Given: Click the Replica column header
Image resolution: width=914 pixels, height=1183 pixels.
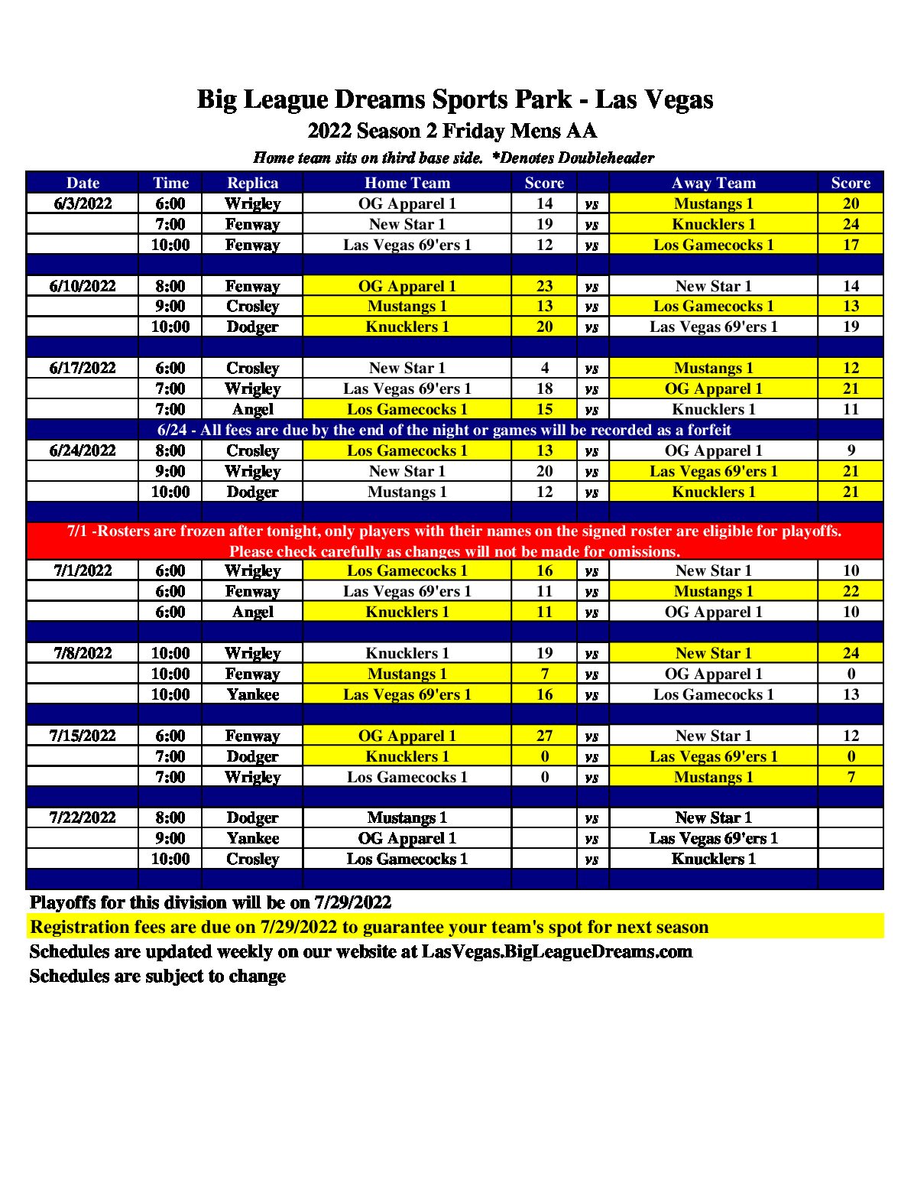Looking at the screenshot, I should [x=252, y=183].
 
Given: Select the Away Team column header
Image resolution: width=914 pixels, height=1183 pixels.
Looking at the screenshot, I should [x=713, y=183].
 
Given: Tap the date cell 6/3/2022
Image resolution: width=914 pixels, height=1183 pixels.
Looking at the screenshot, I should [x=83, y=203].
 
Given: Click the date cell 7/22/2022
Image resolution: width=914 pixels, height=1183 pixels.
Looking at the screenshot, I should [x=83, y=817].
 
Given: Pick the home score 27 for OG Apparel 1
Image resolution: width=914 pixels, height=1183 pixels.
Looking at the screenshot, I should [x=544, y=736].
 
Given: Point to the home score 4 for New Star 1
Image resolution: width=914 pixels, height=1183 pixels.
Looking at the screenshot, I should [x=544, y=368].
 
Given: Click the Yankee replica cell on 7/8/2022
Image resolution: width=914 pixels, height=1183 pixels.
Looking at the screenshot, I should [x=252, y=694].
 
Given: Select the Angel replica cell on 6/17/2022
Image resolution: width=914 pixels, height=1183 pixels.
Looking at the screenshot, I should [x=252, y=409].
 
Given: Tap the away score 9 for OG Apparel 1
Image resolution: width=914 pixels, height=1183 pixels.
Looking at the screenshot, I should [x=851, y=450].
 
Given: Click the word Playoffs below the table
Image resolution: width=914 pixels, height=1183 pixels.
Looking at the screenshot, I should [x=62, y=902].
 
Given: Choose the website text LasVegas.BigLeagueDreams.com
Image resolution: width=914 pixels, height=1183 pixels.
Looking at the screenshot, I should [x=556, y=951].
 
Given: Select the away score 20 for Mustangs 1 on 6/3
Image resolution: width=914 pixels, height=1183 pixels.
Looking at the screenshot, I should [x=851, y=203].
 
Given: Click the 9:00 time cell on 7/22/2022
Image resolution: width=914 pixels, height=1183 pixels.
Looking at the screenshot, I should [x=170, y=838].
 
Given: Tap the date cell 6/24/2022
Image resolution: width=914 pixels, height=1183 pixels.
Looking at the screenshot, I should [x=83, y=450].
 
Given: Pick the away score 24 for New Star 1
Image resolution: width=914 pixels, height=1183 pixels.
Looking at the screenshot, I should [x=851, y=653].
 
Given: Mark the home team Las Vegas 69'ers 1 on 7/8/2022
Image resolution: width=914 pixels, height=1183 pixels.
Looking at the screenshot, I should [x=407, y=694].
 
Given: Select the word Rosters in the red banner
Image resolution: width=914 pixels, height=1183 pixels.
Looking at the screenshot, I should [x=122, y=531].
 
